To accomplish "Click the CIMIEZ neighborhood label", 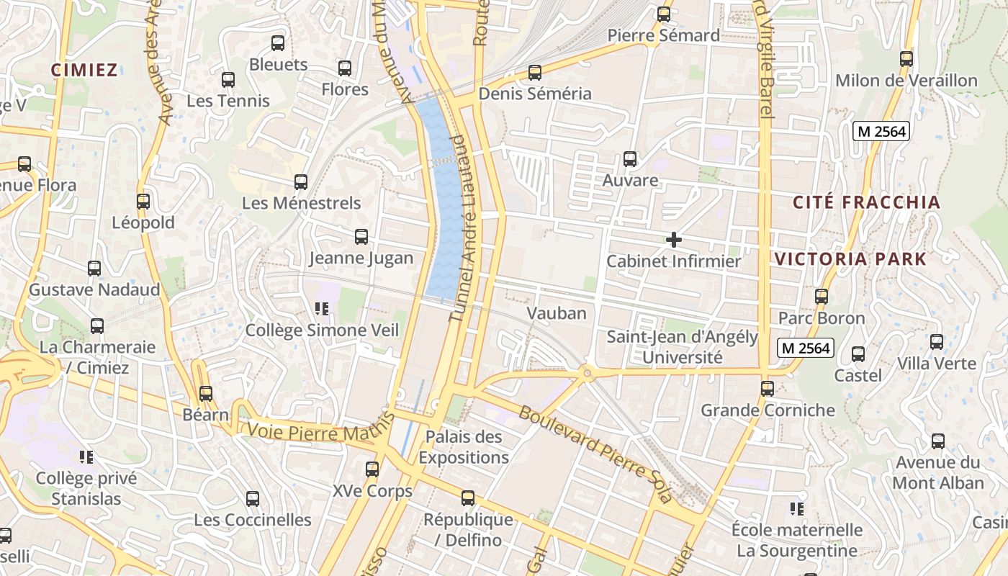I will pyautogui.click(x=84, y=70).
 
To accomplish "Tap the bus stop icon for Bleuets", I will pyautogui.click(x=278, y=42).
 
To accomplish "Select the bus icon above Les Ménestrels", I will pyautogui.click(x=301, y=181).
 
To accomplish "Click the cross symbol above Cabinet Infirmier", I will pyautogui.click(x=674, y=239).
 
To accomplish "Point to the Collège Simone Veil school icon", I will pyautogui.click(x=321, y=309).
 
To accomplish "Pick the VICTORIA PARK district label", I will pyautogui.click(x=850, y=259).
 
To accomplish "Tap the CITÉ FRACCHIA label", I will pyautogui.click(x=867, y=202).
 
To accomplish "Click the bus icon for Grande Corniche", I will pyautogui.click(x=768, y=388).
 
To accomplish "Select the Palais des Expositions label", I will pyautogui.click(x=464, y=447).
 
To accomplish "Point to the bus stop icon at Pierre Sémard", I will pyautogui.click(x=664, y=14).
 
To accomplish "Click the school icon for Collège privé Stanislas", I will pyautogui.click(x=86, y=456).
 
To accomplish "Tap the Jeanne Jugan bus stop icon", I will pyautogui.click(x=361, y=236).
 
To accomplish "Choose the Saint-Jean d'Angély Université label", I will pyautogui.click(x=682, y=347).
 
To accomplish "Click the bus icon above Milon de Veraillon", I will pyautogui.click(x=906, y=58).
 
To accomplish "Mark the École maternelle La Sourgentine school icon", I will pyautogui.click(x=796, y=509).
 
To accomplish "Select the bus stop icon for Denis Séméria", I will pyautogui.click(x=534, y=72).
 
